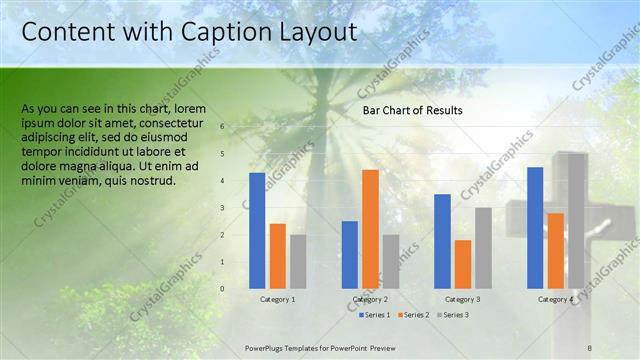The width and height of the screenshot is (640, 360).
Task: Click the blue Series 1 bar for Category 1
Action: [257, 231]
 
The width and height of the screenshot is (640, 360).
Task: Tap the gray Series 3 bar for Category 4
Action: [576, 221]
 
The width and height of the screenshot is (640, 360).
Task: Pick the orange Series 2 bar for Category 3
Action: [462, 264]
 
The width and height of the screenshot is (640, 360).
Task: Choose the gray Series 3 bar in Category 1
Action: [298, 261]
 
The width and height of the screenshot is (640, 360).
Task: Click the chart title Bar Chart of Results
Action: [412, 110]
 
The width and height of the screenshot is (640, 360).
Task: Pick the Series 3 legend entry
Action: [452, 315]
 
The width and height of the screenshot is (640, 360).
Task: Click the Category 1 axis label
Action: [278, 300]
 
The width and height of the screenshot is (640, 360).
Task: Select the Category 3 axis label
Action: [463, 300]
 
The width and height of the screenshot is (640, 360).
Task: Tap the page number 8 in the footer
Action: [590, 346]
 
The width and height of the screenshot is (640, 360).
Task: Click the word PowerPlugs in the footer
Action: [268, 346]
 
